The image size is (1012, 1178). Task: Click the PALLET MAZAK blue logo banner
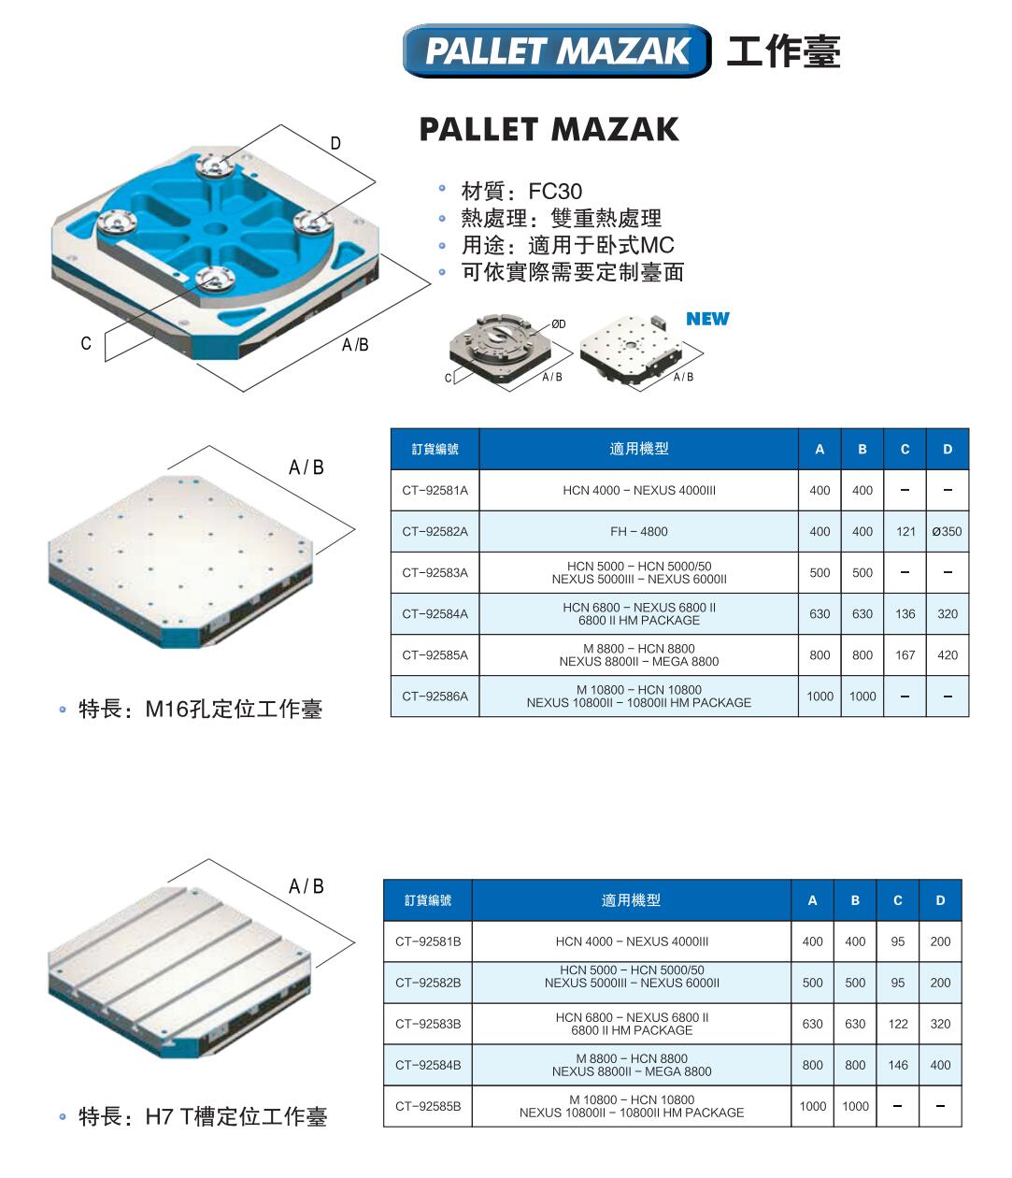click(x=556, y=50)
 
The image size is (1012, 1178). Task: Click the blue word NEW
click(x=707, y=319)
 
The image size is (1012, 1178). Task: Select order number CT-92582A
click(x=435, y=532)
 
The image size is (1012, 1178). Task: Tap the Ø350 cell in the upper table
click(x=948, y=532)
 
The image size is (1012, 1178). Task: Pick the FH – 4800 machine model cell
click(x=638, y=532)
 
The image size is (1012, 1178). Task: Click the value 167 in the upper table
click(x=905, y=655)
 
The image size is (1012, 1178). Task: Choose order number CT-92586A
click(x=435, y=697)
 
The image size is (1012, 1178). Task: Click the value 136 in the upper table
click(x=905, y=614)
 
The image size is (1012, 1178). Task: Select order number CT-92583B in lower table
click(x=428, y=1024)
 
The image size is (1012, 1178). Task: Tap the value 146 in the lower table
click(x=897, y=1065)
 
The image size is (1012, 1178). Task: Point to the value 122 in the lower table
click(x=897, y=1024)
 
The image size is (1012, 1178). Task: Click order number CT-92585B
click(x=428, y=1106)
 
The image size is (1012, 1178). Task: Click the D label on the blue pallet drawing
click(x=335, y=143)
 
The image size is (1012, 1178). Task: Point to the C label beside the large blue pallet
click(x=86, y=343)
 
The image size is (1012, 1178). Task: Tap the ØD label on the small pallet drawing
click(x=559, y=324)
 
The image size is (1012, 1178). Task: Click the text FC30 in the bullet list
click(x=555, y=192)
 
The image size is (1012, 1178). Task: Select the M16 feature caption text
click(x=200, y=710)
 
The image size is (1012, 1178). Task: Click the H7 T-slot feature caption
click(x=202, y=1117)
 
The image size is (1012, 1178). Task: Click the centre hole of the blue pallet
click(x=215, y=228)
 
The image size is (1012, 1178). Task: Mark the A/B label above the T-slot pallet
click(x=306, y=886)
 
